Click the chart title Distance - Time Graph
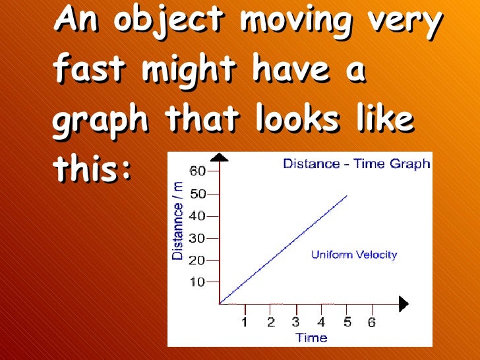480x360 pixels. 356,164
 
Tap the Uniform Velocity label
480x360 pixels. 354,255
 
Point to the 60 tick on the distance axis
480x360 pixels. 196,171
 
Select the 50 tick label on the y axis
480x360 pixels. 196,194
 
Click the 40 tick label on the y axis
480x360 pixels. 196,216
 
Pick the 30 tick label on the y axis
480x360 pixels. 196,238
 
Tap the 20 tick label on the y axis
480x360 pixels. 196,260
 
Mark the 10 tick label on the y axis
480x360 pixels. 196,282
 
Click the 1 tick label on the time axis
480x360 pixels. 245,322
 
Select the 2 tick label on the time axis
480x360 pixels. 271,322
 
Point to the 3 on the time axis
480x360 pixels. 296,322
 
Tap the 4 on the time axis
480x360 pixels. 321,322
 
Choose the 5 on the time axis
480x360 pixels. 347,322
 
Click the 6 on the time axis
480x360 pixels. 373,322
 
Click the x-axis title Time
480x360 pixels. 311,338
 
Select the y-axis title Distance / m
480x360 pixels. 178,222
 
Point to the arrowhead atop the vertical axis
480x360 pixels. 220,157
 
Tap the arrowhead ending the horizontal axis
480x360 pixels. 403,304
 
